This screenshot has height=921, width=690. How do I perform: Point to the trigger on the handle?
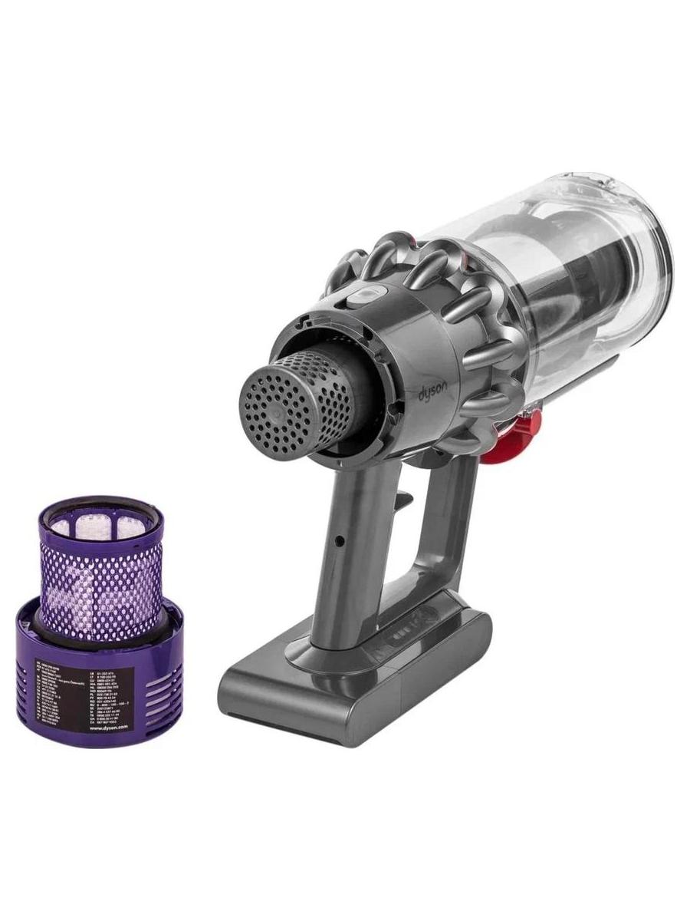(x=403, y=499)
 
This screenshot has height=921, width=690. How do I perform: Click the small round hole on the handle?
(x=338, y=540)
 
